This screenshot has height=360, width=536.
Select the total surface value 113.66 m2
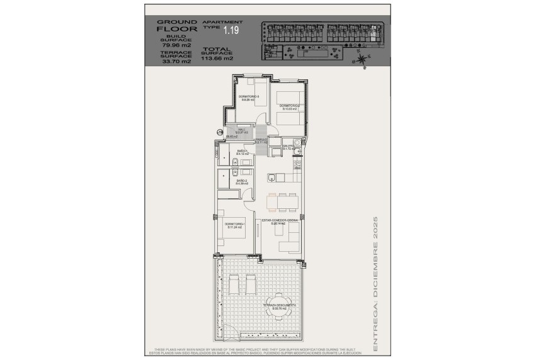coord(217,59)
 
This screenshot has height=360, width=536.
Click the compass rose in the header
coord(361,60)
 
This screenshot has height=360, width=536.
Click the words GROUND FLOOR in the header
coord(176,25)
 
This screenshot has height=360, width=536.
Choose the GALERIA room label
coord(289,146)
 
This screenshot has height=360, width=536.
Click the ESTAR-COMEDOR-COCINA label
coord(278,220)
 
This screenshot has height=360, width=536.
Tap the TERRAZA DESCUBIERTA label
coord(280,307)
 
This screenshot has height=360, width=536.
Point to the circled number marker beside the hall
coord(219,132)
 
